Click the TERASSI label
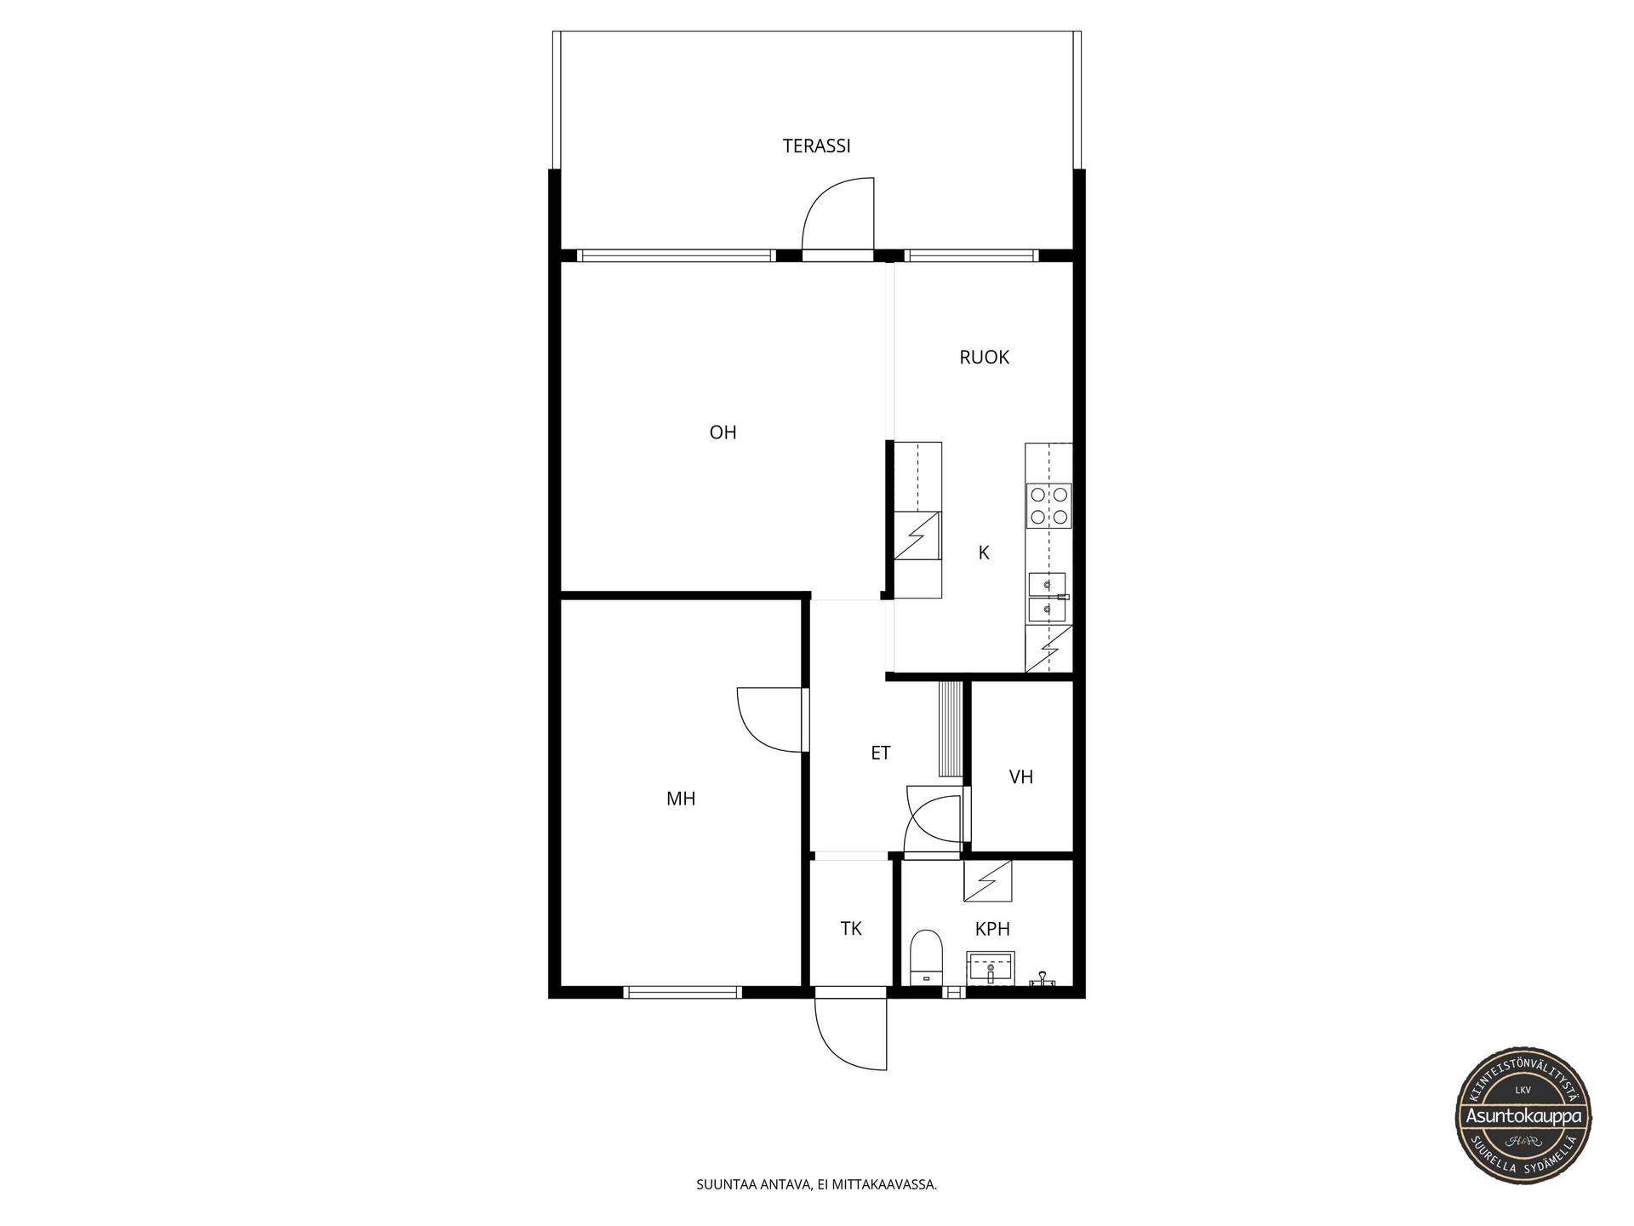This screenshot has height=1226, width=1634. point(816,146)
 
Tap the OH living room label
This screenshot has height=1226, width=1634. point(723,433)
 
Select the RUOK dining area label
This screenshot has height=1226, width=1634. point(984,358)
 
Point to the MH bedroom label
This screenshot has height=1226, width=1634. point(681,799)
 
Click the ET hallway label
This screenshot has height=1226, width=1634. point(880,753)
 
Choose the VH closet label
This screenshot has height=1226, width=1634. point(1020,776)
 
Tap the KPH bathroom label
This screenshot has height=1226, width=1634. point(992,929)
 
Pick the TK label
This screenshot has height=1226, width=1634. point(851,929)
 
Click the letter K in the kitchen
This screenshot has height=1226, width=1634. point(984,553)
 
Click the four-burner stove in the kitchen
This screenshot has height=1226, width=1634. point(1048,505)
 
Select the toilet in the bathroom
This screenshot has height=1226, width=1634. point(927,958)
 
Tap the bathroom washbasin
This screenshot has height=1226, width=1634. point(991,968)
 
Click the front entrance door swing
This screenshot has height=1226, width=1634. point(838,1043)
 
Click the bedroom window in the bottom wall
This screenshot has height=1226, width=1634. point(683,992)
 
